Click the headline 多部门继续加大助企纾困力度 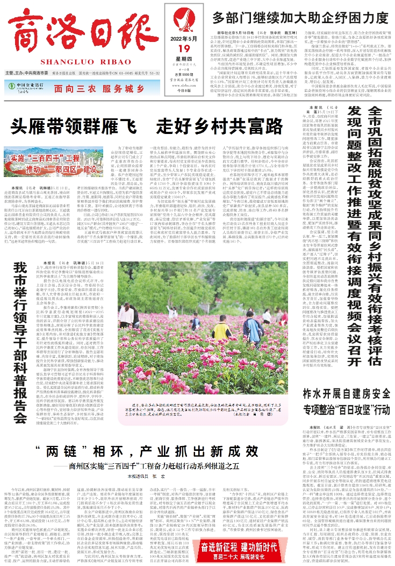(300, 17)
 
